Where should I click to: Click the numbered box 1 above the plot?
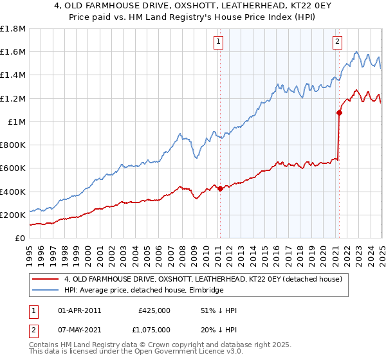coord(219,42)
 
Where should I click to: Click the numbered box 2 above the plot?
coord(337,42)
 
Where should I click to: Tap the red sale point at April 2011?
coord(220,188)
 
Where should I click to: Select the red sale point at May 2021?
coord(339,113)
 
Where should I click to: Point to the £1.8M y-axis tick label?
coord(13,29)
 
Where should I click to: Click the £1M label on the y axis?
coord(17,122)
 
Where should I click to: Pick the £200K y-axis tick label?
coord(13,215)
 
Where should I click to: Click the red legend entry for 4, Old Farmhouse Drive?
coord(207,279)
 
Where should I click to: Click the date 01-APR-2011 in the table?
coord(80,310)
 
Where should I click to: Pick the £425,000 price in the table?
coord(154,310)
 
